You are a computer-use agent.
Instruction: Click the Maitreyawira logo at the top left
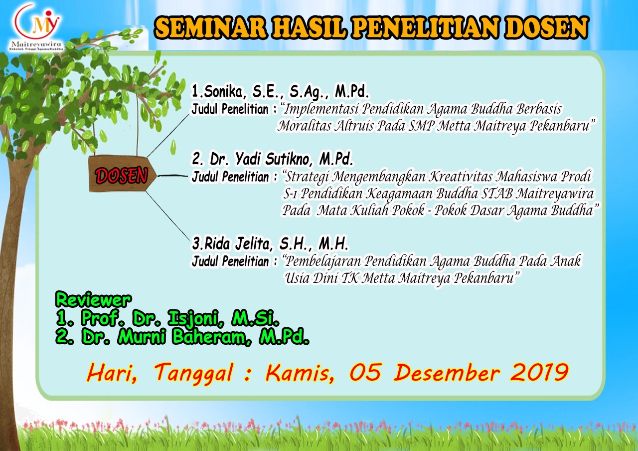pos(36,27)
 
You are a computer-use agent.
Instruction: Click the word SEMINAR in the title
pos(211,27)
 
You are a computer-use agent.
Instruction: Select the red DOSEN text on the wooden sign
pos(122,175)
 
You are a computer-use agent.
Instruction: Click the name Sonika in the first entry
pos(223,91)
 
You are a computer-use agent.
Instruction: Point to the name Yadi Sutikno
pos(272,159)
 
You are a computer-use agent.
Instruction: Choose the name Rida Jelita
pos(237,244)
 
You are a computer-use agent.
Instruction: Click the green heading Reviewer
pos(93,300)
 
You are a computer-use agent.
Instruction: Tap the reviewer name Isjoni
pos(195,318)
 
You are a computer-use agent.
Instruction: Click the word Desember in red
pos(447,372)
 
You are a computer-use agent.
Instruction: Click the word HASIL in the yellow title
pos(310,27)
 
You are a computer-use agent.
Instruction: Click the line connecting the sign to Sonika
pos(168,136)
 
